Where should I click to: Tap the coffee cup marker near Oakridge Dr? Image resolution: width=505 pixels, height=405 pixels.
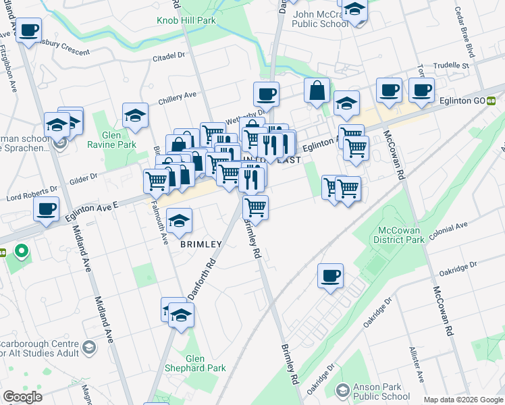click(330, 276)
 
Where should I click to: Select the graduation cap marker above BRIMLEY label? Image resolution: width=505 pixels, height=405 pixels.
click(179, 221)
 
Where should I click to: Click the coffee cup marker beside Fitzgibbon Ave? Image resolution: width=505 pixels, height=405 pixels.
click(28, 31)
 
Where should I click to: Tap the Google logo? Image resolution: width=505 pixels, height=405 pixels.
click(22, 397)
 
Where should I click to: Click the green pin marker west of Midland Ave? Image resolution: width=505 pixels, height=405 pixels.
click(22, 252)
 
